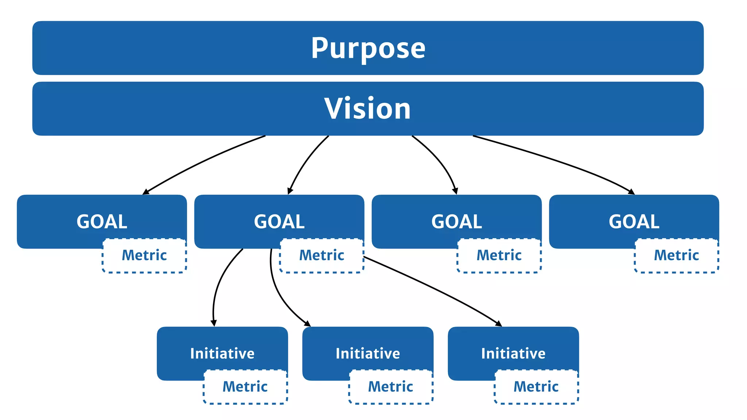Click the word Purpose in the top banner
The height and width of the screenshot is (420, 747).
(368, 48)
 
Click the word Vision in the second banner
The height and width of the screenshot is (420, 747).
(368, 109)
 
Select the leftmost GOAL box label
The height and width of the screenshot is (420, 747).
(102, 222)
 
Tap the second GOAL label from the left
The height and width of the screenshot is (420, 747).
(279, 222)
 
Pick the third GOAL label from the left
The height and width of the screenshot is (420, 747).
(457, 222)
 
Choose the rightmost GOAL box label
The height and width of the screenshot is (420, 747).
(634, 222)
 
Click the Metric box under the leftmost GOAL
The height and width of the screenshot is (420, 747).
(144, 256)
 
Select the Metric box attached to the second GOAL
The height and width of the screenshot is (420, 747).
(322, 256)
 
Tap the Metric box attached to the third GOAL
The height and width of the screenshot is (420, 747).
(499, 256)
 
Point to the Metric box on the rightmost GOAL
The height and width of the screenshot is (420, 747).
(677, 256)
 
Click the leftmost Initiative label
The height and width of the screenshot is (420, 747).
(222, 354)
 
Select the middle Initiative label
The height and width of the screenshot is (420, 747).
(368, 354)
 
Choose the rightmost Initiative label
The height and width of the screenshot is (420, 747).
(513, 354)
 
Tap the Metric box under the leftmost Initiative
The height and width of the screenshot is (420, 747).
(245, 387)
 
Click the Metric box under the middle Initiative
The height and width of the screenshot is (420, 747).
(391, 387)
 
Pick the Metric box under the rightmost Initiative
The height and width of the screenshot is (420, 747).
(536, 387)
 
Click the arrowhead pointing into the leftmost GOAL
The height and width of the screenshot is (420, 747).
(146, 192)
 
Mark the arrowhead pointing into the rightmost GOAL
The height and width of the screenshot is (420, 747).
(632, 192)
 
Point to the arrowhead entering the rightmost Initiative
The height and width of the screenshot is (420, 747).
(499, 324)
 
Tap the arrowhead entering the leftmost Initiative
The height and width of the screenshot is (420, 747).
(214, 323)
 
